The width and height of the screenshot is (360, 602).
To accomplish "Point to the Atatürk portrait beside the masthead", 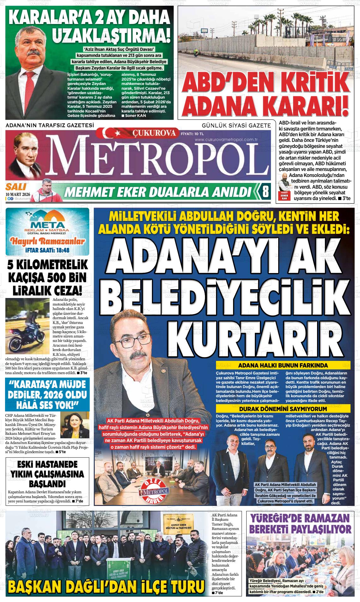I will click(x=25, y=155).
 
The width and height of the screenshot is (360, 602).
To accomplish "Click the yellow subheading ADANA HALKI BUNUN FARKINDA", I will click(x=283, y=366).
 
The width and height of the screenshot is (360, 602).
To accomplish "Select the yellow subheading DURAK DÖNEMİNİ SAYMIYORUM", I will click(x=283, y=408).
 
